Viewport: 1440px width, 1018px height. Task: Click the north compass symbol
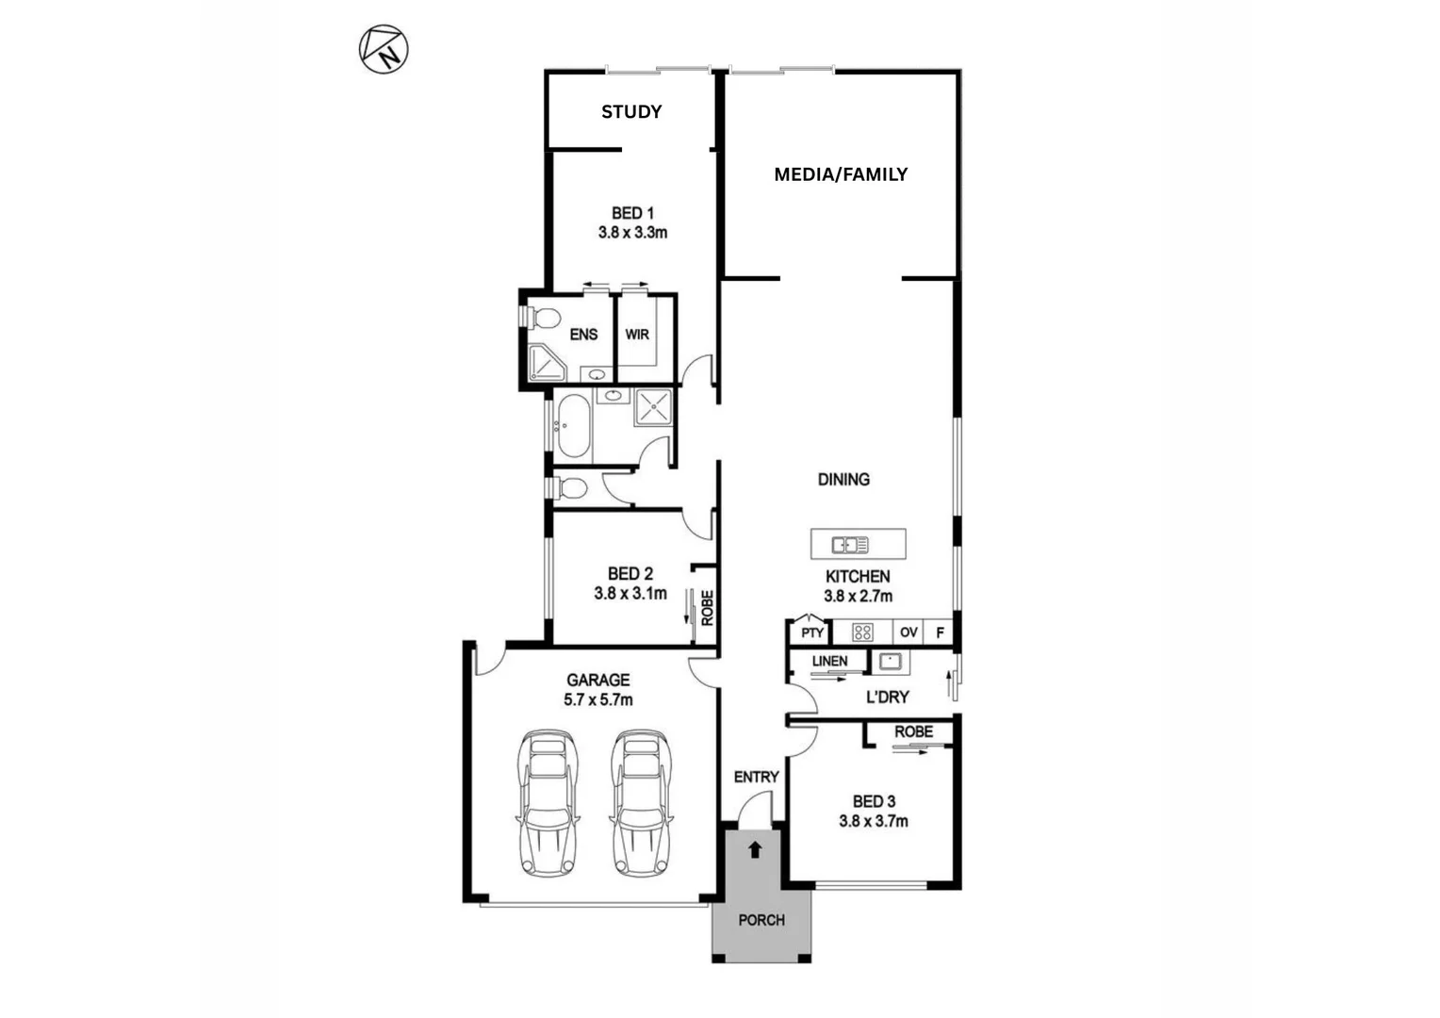(384, 50)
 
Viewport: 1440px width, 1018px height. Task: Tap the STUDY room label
(631, 111)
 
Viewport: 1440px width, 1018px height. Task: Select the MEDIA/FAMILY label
(840, 174)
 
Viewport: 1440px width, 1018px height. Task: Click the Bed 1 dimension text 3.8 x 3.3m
(632, 233)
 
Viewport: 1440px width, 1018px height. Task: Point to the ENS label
(583, 335)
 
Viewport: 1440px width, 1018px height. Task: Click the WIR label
(637, 335)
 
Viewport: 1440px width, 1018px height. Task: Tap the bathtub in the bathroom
(573, 427)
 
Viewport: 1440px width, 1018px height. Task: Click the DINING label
(843, 480)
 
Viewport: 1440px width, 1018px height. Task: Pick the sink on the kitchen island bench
(850, 545)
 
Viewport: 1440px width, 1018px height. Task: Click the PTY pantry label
(811, 632)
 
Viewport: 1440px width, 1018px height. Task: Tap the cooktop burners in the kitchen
(861, 632)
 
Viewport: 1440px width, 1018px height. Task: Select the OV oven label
(908, 632)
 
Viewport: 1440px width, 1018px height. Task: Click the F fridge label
(940, 632)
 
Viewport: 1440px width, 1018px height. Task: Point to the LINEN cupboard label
(829, 662)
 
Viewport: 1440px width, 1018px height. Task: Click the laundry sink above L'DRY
(889, 662)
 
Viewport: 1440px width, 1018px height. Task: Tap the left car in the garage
(547, 803)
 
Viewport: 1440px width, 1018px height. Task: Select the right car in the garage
(641, 803)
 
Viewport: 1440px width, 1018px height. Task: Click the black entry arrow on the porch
(754, 850)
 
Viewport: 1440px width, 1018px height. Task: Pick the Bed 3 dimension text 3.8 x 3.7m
(874, 821)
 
